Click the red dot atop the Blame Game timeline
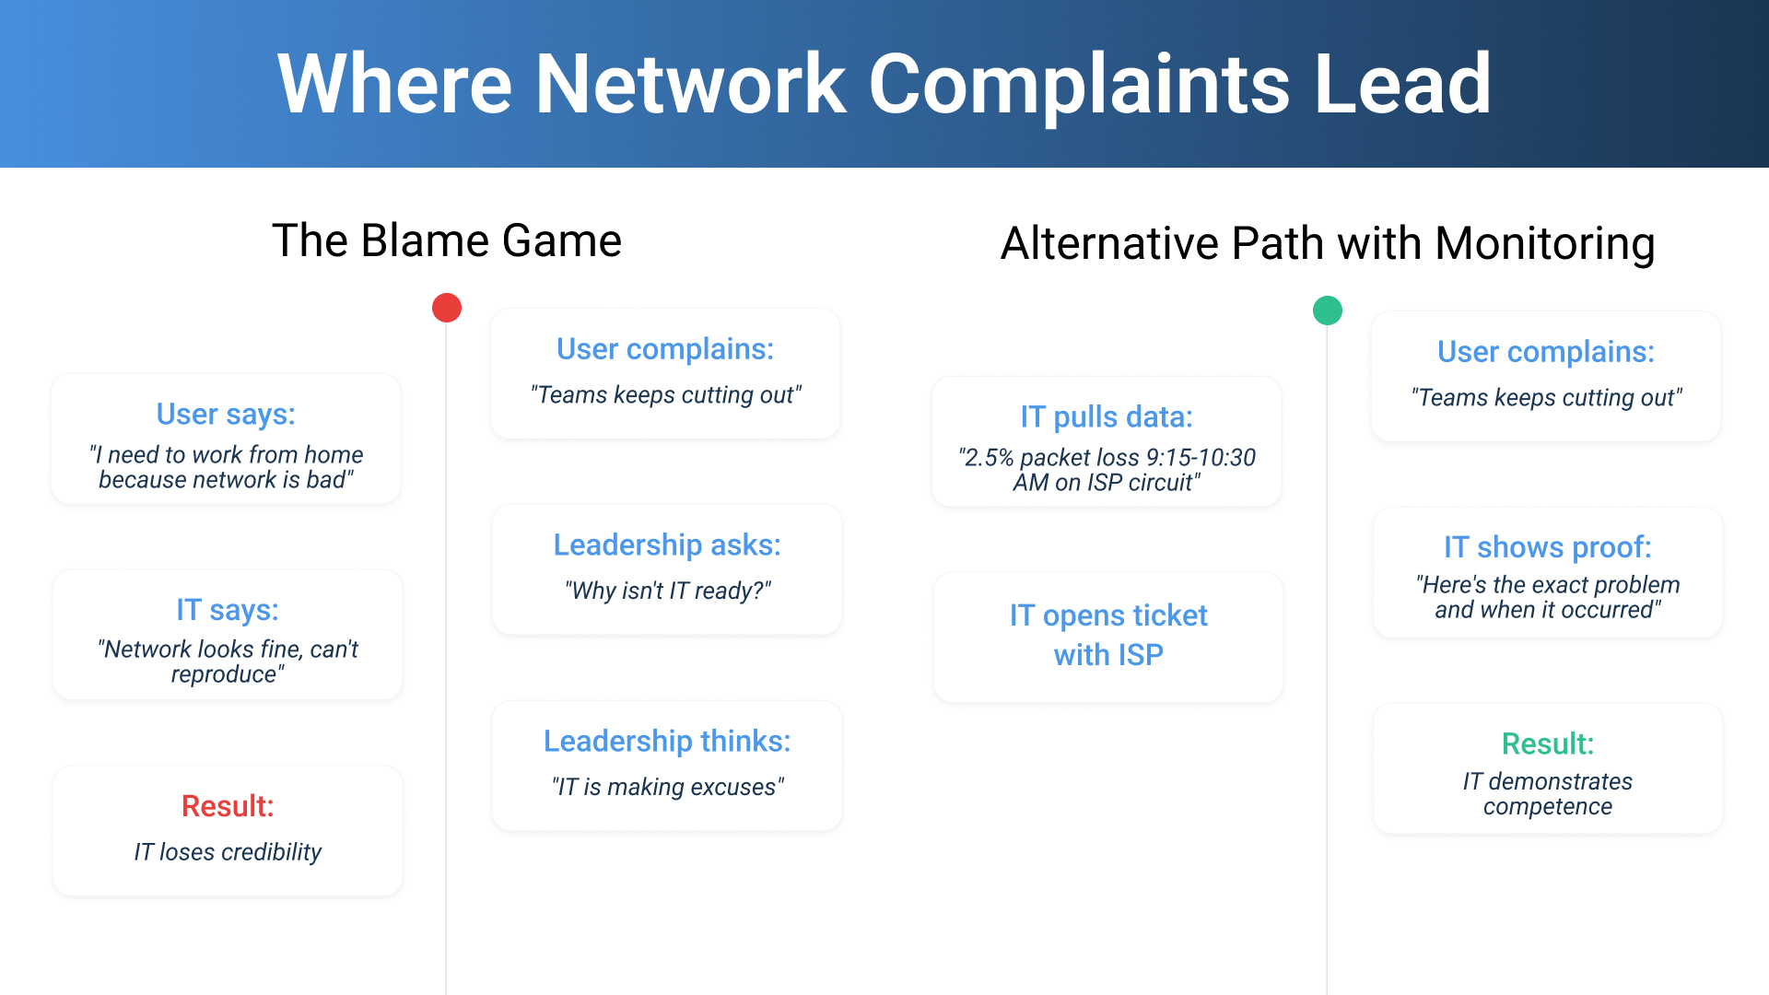[447, 308]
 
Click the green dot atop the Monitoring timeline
[1328, 310]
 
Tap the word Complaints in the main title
[1079, 85]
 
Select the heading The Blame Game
[447, 241]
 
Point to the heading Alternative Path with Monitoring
[1328, 244]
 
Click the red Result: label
[228, 806]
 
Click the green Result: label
[1548, 743]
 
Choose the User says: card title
[226, 415]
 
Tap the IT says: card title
[228, 610]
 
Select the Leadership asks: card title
[667, 545]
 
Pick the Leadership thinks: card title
[667, 742]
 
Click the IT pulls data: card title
[1107, 417]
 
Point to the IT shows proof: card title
[1548, 547]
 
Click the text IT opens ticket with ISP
[1108, 635]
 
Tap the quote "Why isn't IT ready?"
[667, 591]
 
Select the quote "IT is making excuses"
[667, 787]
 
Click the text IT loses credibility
[228, 852]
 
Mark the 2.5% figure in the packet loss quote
[989, 458]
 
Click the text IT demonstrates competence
[1548, 794]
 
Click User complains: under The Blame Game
[665, 349]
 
